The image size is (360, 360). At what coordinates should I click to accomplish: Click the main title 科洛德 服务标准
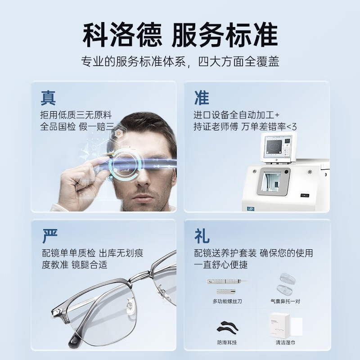click(180, 33)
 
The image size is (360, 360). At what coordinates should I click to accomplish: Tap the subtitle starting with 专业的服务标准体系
click(180, 62)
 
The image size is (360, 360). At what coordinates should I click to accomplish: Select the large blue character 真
click(49, 98)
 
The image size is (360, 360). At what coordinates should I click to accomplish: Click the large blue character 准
click(202, 98)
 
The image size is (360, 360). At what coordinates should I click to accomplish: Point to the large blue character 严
click(49, 235)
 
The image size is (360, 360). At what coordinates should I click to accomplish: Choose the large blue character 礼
click(202, 235)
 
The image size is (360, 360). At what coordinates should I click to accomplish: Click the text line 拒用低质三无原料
click(76, 115)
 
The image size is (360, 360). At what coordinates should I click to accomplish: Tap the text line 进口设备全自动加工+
click(237, 115)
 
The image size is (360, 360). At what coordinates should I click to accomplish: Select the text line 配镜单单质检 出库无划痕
click(92, 253)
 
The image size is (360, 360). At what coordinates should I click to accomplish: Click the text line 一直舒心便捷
click(221, 265)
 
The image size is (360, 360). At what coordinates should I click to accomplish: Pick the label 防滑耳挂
click(228, 342)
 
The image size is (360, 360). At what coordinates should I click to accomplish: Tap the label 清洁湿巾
click(285, 342)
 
